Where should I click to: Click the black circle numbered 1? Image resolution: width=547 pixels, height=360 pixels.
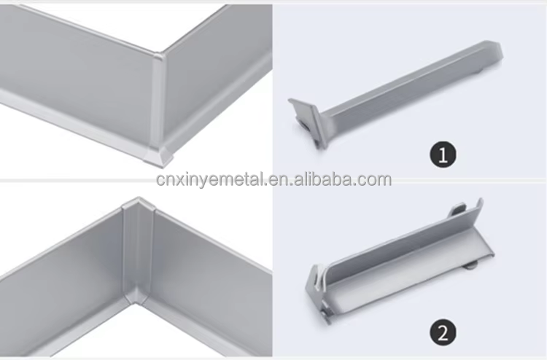click(x=443, y=154)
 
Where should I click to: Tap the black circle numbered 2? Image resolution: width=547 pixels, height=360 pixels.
click(x=443, y=332)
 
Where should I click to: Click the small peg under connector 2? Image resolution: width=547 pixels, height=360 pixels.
click(x=471, y=267)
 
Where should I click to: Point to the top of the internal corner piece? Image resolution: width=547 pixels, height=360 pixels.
click(x=139, y=205)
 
